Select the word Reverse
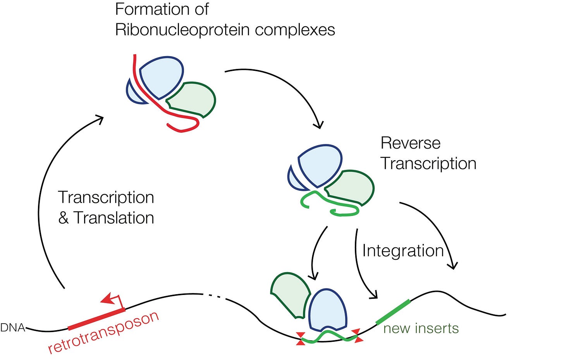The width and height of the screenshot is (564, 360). coord(410,143)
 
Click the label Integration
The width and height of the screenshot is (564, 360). coord(402,251)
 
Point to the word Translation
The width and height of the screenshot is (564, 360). coord(114,218)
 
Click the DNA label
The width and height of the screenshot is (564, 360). coord(12,328)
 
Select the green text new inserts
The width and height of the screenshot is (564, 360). coord(421,329)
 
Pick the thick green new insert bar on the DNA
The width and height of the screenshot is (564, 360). coord(393,312)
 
